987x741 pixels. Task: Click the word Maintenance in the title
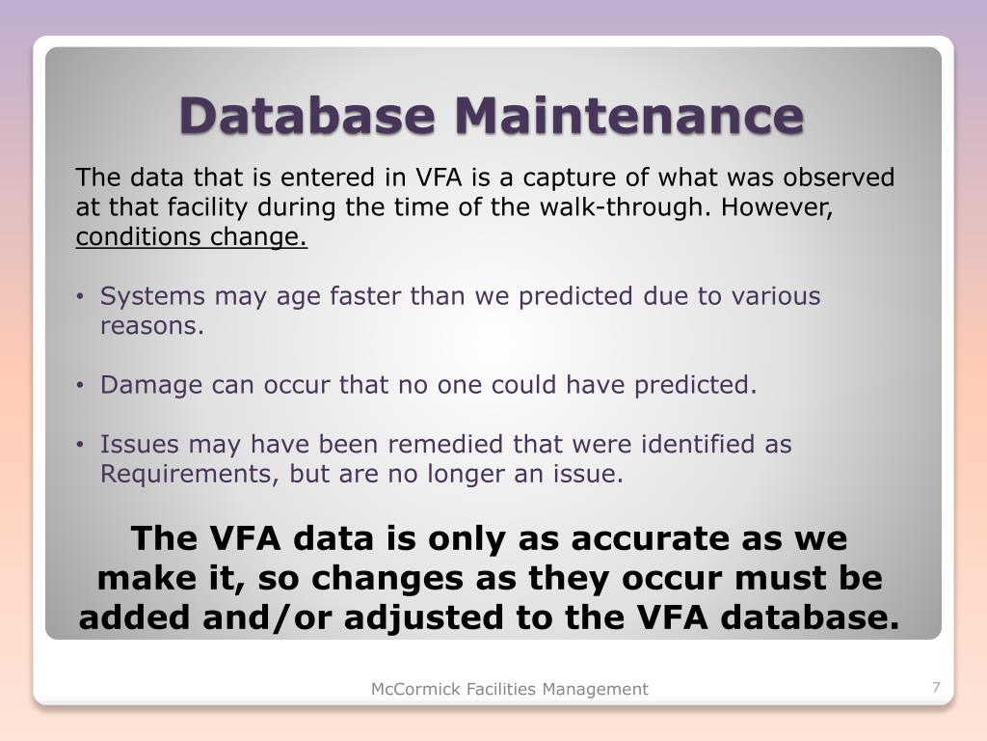(x=628, y=116)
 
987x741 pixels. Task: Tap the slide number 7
(x=936, y=687)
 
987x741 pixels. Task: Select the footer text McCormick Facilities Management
(x=510, y=689)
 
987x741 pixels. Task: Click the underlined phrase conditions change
(x=191, y=237)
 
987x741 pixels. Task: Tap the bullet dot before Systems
(x=83, y=297)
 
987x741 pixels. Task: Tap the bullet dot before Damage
(x=83, y=386)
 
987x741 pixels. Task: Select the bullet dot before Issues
(x=83, y=446)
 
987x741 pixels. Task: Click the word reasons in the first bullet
(x=151, y=326)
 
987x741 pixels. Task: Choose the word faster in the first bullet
(x=365, y=296)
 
